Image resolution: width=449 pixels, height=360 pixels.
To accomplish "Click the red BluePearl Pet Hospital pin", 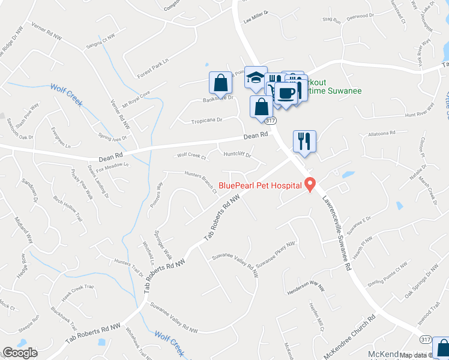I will coord(310,185).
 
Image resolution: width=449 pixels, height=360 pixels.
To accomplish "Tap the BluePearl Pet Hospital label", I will coord(260,185).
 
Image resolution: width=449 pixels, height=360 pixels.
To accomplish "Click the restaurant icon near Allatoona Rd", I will coord(304,142).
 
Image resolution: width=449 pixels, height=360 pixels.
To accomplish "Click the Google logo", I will coord(20,353).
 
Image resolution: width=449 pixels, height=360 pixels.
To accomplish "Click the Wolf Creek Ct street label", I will coord(191,155).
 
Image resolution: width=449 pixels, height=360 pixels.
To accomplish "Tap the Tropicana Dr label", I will coord(206,120).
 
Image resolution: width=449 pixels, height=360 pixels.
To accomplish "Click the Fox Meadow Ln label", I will coord(113,167).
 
